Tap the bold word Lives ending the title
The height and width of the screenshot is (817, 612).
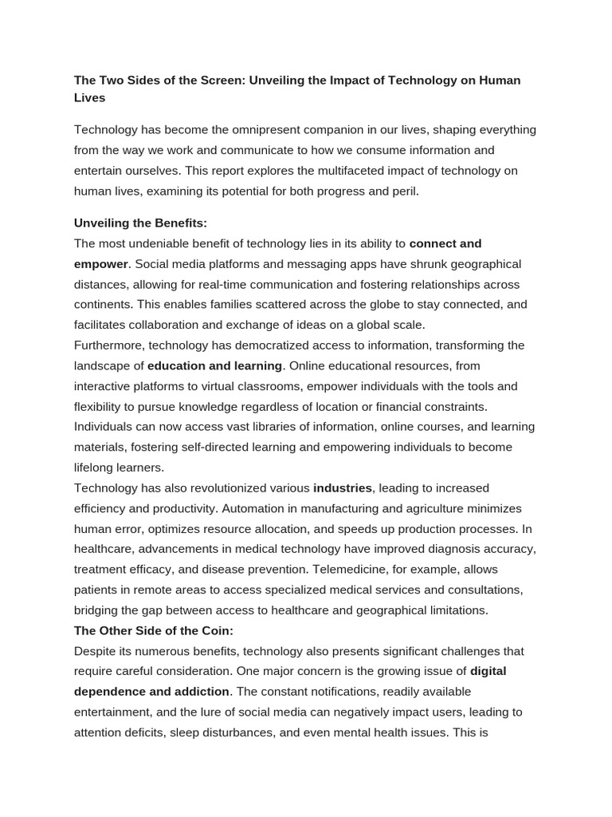click(90, 98)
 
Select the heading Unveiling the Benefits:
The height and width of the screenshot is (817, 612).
click(140, 223)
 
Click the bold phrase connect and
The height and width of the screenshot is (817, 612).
click(445, 243)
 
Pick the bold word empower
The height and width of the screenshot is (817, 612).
click(101, 264)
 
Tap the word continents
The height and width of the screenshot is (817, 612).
click(102, 305)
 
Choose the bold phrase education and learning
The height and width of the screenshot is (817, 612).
click(215, 365)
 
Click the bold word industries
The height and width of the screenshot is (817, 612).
click(343, 487)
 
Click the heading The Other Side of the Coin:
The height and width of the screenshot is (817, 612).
click(154, 630)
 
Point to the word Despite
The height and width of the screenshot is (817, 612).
click(95, 651)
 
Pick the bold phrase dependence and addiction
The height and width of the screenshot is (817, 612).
click(152, 692)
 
